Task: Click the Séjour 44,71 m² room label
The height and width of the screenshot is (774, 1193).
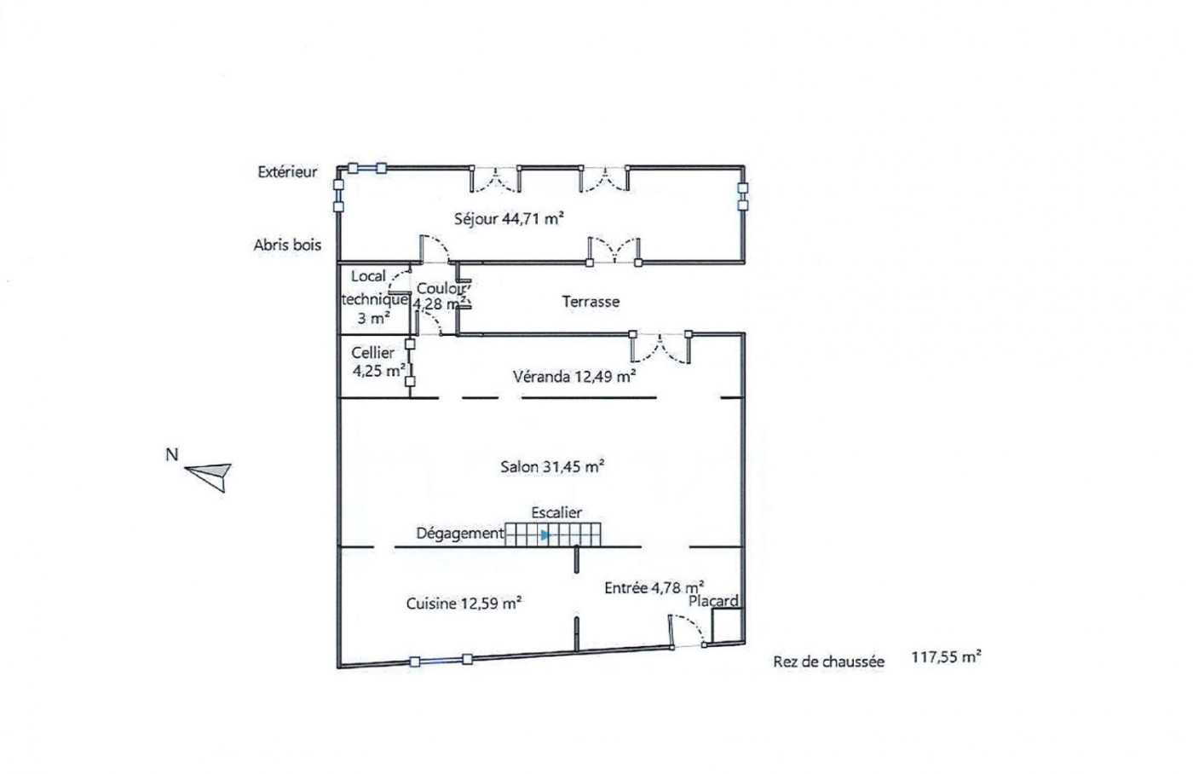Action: click(x=509, y=218)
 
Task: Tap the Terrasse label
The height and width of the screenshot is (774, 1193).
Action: click(x=591, y=302)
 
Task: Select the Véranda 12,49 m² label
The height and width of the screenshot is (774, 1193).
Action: click(x=573, y=376)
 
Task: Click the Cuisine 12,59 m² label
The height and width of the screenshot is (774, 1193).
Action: click(x=464, y=604)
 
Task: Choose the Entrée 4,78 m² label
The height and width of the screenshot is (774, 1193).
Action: click(x=654, y=587)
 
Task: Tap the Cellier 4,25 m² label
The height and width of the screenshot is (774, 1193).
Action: click(x=377, y=361)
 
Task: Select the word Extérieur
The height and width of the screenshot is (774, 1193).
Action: click(x=288, y=172)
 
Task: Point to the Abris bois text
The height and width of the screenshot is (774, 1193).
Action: click(x=288, y=245)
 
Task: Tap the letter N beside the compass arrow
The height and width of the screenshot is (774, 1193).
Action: click(x=171, y=454)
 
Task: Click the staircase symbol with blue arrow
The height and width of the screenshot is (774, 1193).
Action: click(x=553, y=534)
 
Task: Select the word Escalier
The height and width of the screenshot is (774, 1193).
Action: click(x=556, y=512)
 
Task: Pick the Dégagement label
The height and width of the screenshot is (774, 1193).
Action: click(x=460, y=534)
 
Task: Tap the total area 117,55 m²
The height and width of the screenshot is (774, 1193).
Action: click(x=946, y=657)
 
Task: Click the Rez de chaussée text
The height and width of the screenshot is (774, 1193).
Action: click(x=829, y=661)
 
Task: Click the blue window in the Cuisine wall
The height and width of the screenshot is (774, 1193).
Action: click(x=441, y=660)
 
